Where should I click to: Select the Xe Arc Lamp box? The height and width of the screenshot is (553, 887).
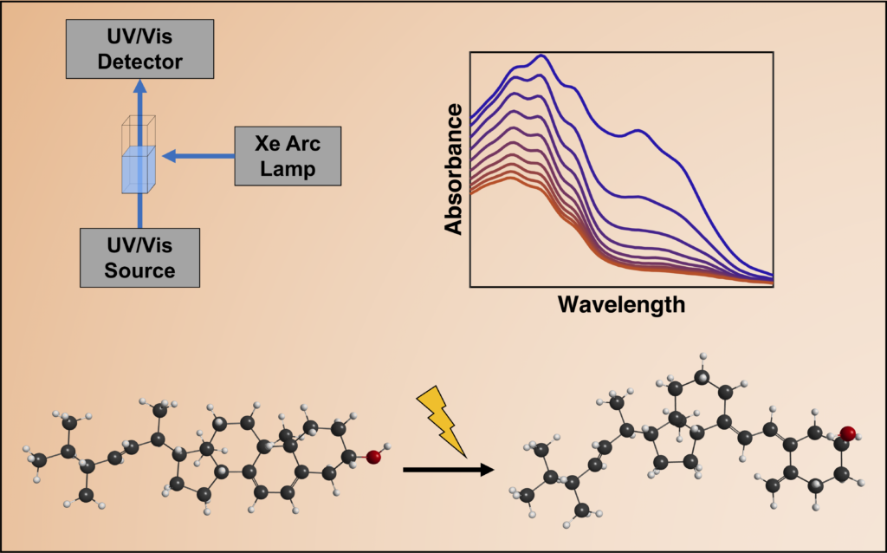click(288, 156)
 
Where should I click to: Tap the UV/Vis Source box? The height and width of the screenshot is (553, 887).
click(140, 257)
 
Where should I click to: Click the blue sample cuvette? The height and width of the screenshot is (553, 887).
click(138, 168)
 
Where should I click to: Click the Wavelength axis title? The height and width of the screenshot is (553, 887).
click(621, 305)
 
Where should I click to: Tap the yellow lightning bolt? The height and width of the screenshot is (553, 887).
click(445, 419)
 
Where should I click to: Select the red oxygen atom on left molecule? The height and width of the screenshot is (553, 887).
click(373, 457)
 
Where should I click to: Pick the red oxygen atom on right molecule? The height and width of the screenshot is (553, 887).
click(847, 433)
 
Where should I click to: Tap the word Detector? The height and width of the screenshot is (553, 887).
click(140, 62)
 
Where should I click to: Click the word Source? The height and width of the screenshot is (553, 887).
click(140, 270)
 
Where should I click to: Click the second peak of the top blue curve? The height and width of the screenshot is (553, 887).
click(638, 131)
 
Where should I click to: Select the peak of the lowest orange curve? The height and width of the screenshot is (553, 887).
click(511, 177)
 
